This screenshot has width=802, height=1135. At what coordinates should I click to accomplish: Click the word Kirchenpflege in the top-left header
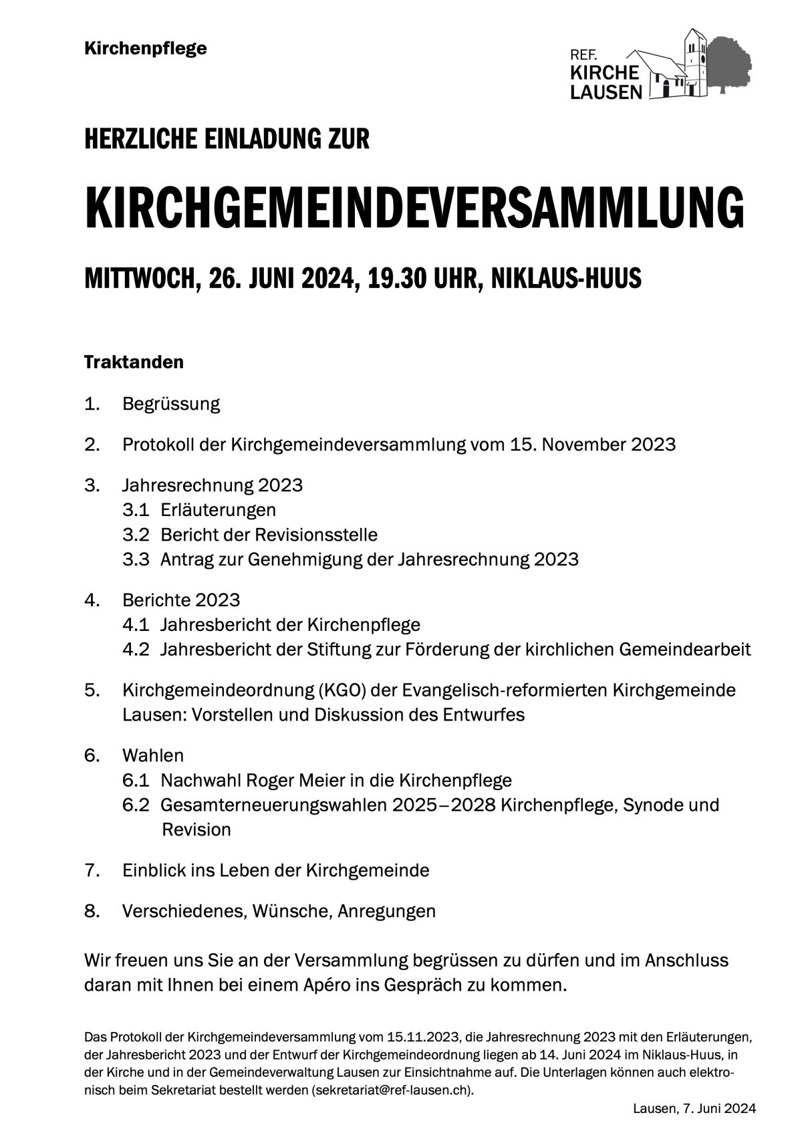pos(146,49)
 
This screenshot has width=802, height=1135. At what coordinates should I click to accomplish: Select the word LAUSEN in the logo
pos(606,92)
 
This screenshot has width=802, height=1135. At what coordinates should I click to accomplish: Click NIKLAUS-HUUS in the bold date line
pos(566,278)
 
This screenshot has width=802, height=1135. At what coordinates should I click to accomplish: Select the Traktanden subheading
pos(134,362)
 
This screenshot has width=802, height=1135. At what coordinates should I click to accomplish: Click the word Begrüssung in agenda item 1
pos(171,404)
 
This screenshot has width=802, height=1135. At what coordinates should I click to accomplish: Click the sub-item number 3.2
pos(136,535)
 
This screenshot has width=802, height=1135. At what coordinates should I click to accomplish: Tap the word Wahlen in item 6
pos(153,755)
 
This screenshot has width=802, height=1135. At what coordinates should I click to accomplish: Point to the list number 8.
pos(92,911)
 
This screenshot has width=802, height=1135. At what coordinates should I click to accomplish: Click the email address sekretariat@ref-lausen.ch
pos(391,1090)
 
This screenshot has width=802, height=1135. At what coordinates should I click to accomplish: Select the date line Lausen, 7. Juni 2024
pos(694,1108)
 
